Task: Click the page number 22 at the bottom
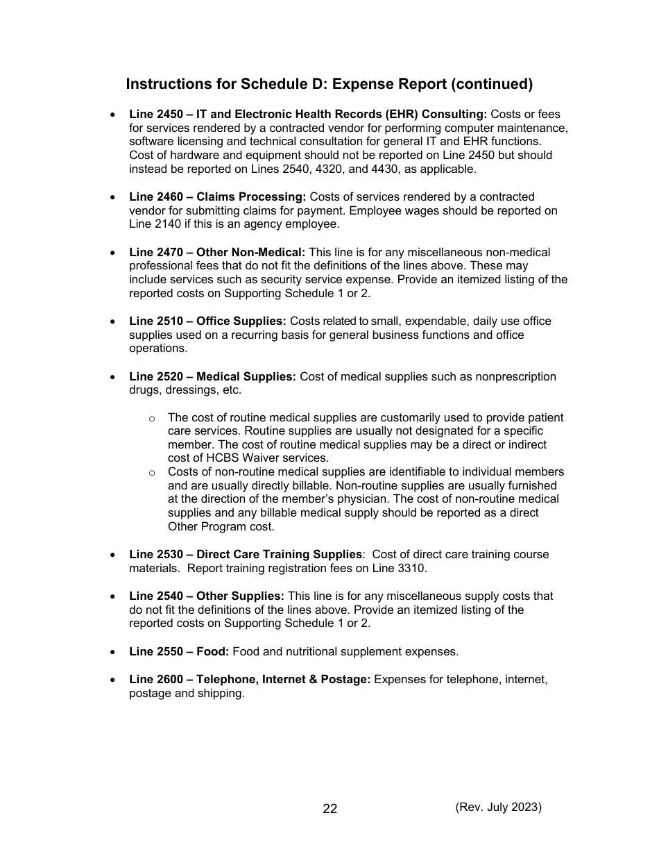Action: coord(330,809)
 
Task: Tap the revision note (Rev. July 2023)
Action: coord(498,807)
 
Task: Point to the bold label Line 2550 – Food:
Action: coord(179,651)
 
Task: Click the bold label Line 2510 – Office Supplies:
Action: coord(207,321)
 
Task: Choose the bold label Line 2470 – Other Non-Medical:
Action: coord(217,253)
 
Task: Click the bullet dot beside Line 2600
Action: coord(112,680)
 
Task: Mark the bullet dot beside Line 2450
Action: coord(112,115)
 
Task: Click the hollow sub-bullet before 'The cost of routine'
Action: coord(151,418)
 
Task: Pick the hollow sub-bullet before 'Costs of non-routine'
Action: coord(151,473)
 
